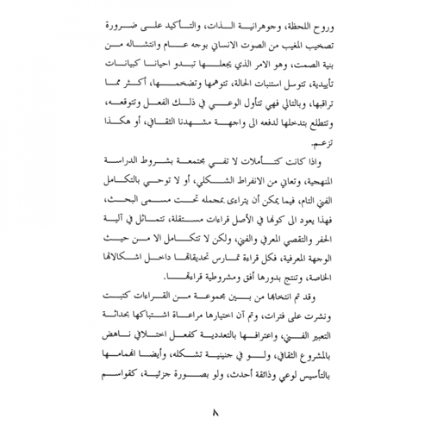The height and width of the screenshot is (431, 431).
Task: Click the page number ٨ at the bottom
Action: [x=215, y=411]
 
